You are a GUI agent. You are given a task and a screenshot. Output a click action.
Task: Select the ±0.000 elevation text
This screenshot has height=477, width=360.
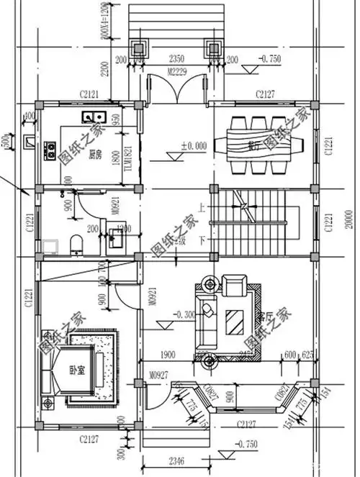(x=194, y=145)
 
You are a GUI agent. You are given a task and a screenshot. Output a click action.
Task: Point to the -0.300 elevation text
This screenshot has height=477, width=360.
(x=186, y=313)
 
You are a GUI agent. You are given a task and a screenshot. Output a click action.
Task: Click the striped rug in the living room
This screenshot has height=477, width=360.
(x=235, y=318)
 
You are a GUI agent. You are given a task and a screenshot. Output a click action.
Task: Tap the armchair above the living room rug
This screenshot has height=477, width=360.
(x=235, y=286)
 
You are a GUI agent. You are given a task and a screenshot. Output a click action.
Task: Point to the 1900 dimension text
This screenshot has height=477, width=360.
(x=167, y=354)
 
